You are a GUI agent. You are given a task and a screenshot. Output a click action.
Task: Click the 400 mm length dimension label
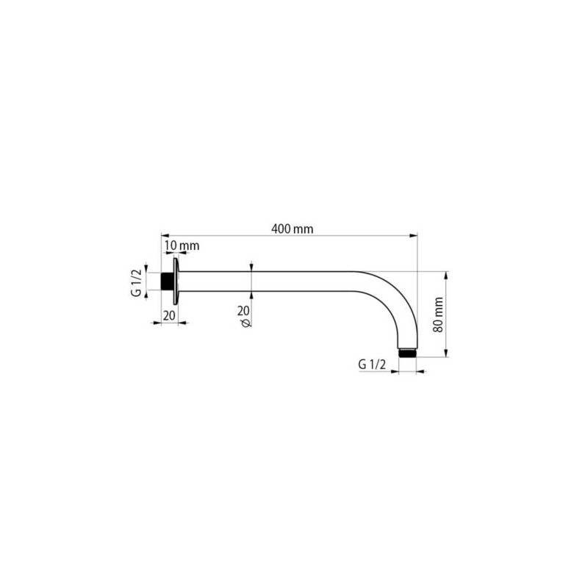(292, 229)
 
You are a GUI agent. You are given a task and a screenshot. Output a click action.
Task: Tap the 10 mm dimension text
(182, 245)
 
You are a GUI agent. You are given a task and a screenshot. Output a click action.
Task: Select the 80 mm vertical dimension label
(438, 315)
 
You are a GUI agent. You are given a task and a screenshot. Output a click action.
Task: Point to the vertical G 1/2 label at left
(137, 282)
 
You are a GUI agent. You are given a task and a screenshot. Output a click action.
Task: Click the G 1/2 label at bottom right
(372, 364)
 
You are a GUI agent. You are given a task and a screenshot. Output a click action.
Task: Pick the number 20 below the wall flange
(170, 315)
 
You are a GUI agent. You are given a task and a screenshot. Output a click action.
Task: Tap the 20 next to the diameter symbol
(243, 310)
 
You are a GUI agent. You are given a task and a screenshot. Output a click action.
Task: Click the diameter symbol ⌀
(246, 323)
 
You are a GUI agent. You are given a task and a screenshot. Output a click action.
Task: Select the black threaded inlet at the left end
(167, 282)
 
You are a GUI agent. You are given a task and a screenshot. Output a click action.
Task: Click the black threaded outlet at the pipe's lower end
(408, 353)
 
